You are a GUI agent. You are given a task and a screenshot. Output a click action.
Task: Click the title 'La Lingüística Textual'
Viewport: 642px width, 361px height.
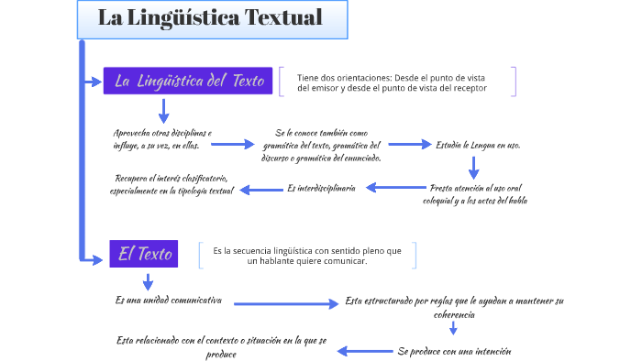tap(210, 18)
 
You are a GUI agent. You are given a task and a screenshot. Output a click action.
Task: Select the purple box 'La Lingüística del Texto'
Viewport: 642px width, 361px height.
tap(189, 81)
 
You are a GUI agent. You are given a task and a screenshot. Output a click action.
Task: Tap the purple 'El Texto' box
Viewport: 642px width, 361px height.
tap(144, 254)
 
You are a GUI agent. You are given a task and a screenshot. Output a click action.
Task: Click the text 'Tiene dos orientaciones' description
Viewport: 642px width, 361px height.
tap(392, 82)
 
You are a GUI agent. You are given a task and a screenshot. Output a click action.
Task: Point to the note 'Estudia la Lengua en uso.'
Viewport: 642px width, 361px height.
tap(479, 145)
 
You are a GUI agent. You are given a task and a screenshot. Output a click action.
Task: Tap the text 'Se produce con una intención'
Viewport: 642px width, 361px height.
tap(454, 351)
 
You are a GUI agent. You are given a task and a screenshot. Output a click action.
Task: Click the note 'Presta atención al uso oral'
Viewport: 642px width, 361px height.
tap(478, 193)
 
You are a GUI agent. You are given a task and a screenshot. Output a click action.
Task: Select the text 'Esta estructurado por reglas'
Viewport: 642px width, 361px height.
tap(454, 307)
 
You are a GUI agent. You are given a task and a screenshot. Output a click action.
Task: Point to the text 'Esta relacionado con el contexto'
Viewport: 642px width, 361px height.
tap(221, 345)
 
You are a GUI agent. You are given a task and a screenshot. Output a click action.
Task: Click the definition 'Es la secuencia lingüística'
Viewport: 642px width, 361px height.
tap(307, 256)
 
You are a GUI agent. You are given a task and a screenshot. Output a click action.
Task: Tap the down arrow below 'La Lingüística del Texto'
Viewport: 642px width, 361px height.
tap(164, 111)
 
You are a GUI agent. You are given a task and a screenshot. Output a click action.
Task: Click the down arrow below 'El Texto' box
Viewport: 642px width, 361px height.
tap(147, 280)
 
